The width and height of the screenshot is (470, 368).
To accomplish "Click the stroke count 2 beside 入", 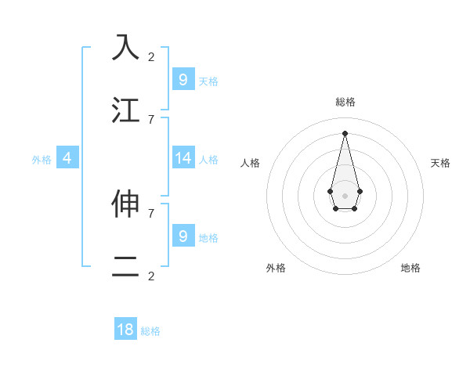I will tap(151, 56).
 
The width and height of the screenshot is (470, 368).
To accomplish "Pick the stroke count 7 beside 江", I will tap(151, 119).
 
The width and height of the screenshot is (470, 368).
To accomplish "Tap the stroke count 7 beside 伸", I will tap(151, 212).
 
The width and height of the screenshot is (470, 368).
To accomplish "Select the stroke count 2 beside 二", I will tap(151, 276).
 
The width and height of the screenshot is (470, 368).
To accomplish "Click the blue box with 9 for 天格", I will tap(183, 79).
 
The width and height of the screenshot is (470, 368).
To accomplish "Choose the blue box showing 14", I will tap(183, 158).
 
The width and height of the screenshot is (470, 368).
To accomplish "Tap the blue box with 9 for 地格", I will tap(183, 236).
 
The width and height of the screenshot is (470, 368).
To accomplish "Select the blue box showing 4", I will tap(67, 158).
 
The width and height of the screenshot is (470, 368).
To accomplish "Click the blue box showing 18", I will tap(125, 330).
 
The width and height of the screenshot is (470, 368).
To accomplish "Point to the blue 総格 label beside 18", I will tap(150, 331).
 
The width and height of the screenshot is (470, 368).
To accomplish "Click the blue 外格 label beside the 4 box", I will tap(42, 160).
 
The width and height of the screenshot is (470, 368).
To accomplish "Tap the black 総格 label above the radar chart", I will tap(345, 102).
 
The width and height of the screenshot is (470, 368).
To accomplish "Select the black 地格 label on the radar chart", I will tap(410, 268).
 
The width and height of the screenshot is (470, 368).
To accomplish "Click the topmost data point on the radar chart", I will tap(345, 132).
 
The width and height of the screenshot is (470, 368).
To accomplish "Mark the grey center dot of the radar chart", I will tap(345, 195).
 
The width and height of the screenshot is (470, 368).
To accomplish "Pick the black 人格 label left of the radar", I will tap(250, 163).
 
